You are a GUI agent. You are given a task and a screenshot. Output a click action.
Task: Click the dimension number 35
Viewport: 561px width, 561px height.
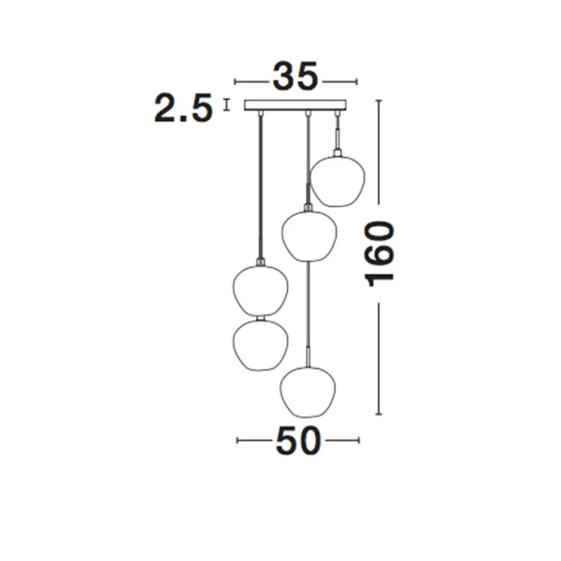coord(295,77)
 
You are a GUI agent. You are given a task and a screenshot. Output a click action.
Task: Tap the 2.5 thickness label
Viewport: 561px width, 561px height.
coord(183,109)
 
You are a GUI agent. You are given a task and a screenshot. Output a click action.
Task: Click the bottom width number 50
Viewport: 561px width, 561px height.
coord(298,441)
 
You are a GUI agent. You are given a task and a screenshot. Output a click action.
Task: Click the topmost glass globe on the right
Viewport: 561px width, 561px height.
coord(338,182)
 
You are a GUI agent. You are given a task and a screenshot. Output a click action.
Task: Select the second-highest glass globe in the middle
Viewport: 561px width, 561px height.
coord(309,236)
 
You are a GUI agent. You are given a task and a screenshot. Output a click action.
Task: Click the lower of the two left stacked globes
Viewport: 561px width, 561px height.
coord(260,346)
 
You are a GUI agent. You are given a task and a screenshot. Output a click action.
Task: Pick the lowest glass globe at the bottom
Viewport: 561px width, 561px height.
coord(308,391)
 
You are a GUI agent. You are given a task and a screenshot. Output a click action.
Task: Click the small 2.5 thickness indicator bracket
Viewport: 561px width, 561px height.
coord(227,105)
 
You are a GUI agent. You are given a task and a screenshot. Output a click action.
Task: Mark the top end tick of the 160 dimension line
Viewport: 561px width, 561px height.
coord(379,101)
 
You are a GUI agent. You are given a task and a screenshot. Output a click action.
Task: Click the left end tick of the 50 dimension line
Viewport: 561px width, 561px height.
coord(238,440)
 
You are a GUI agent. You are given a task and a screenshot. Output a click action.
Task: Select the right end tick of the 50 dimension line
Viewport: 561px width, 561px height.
coord(358,440)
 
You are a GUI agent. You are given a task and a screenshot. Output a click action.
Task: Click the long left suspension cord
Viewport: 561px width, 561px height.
coord(260,182)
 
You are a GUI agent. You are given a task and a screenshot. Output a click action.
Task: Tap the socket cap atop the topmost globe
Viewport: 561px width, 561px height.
coord(337,152)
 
